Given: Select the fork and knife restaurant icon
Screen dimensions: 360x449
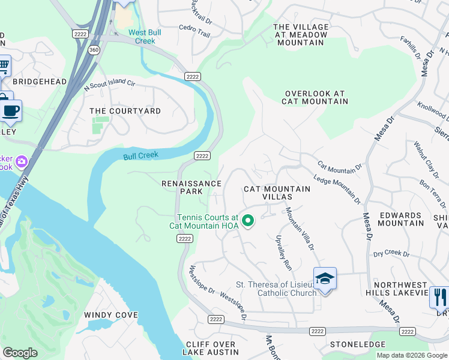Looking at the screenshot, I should point(439,296).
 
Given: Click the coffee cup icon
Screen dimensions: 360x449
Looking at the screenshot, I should point(10,110).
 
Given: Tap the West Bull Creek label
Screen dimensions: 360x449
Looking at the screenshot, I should point(142,37).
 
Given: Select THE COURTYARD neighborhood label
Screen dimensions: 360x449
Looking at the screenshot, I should point(125,111).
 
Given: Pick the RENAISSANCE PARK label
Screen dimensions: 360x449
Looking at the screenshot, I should point(191,187).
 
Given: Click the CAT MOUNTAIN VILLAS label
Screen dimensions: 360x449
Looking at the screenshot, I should point(277,193).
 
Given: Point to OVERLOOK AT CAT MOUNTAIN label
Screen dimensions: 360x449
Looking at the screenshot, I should point(315,98).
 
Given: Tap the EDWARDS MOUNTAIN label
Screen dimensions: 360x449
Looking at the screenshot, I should point(400,219).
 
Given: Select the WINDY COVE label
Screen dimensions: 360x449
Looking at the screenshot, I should point(111,315).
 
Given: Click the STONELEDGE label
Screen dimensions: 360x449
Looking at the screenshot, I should point(358,344).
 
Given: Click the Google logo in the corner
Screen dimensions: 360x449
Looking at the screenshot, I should point(20,353).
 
